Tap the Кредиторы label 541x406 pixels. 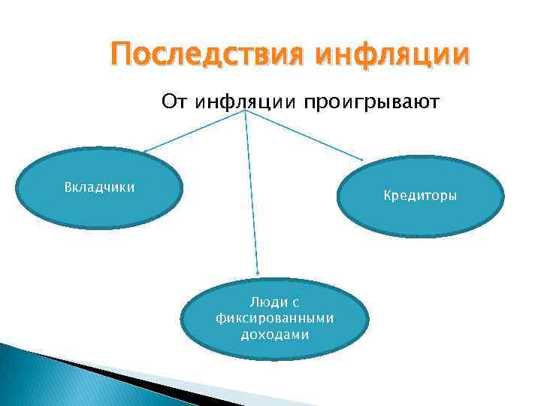[x=420, y=195]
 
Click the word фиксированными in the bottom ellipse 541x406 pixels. [x=274, y=317]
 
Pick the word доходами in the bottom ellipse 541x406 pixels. [x=274, y=334]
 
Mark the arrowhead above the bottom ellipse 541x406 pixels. [x=258, y=273]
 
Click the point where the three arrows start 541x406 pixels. [x=245, y=114]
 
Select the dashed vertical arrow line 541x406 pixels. [x=252, y=195]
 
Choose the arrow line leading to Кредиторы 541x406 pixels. [x=304, y=137]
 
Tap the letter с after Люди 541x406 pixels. [x=295, y=301]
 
